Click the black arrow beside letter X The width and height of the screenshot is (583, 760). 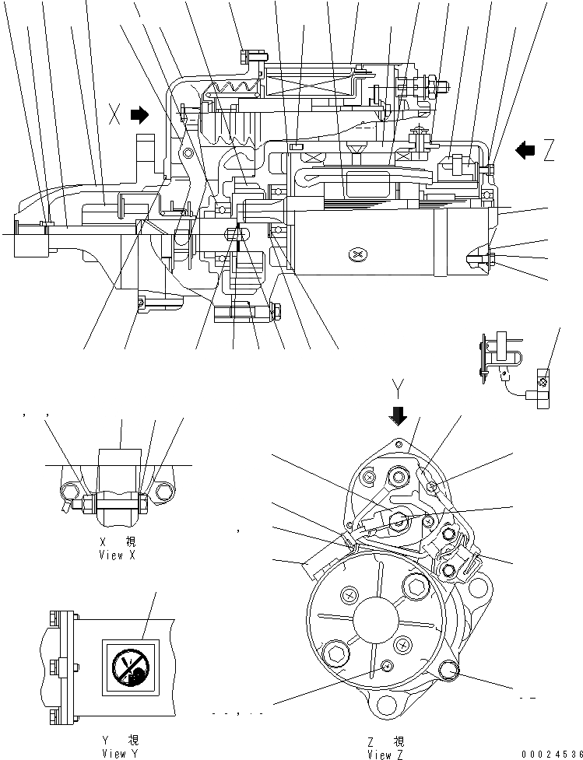[x=139, y=116]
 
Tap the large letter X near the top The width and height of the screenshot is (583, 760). [x=115, y=117]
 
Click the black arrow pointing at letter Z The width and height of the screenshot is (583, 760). [x=526, y=149]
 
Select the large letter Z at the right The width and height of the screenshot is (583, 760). [x=550, y=149]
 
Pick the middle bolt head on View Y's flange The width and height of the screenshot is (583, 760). [x=54, y=667]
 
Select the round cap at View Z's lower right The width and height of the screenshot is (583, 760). [x=450, y=670]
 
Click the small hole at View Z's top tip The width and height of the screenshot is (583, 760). [x=399, y=444]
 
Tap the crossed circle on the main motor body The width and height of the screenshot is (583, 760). [x=356, y=254]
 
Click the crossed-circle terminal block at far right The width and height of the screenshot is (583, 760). [x=546, y=380]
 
